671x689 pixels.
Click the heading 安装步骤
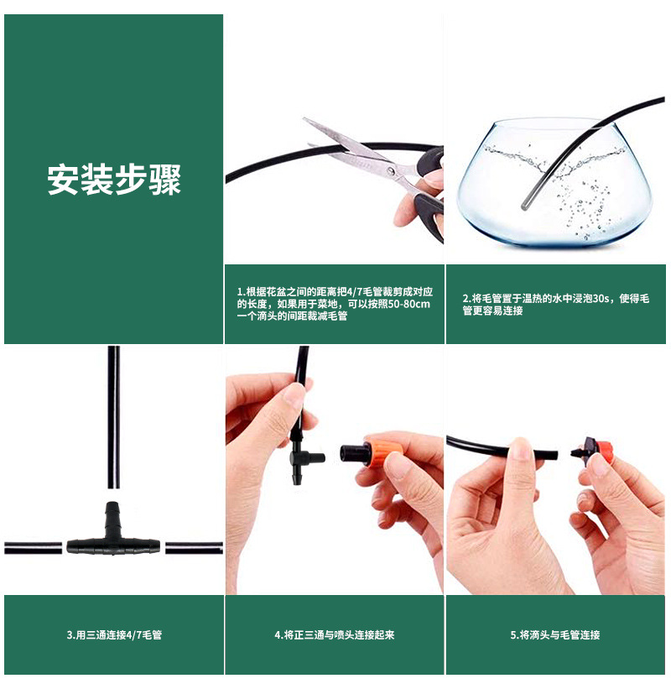pos(114,180)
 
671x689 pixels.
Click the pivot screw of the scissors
pos(391,170)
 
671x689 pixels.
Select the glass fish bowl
pos(554,181)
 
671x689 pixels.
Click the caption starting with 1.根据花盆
pos(335,304)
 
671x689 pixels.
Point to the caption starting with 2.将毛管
pos(555,304)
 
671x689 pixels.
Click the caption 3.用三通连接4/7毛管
pos(114,634)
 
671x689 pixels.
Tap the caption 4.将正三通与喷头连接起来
pos(335,634)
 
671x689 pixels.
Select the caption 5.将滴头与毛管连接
pos(555,634)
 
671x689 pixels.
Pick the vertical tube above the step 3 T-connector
pos(114,417)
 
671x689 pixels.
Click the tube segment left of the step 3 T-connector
pos(33,548)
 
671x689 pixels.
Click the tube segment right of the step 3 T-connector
pos(194,548)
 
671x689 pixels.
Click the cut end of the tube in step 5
pos(556,455)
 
